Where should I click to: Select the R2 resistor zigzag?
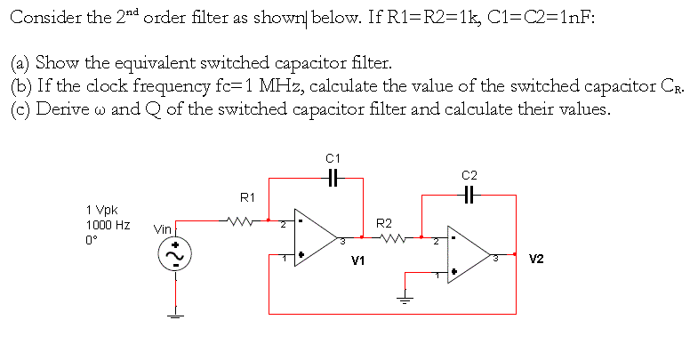click(x=389, y=237)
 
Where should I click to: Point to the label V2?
click(x=536, y=260)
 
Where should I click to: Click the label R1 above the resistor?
click(x=248, y=196)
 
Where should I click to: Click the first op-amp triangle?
click(x=312, y=238)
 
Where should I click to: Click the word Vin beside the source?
click(x=163, y=229)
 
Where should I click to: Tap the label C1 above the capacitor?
click(x=332, y=158)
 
